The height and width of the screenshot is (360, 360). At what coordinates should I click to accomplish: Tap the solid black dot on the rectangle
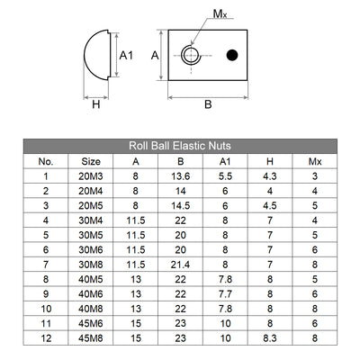tap(232, 56)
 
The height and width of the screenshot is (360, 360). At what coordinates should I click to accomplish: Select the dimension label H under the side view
tap(95, 104)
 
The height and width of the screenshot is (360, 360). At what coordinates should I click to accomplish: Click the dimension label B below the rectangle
tap(208, 104)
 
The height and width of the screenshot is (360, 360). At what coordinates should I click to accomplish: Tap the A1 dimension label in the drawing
tap(127, 55)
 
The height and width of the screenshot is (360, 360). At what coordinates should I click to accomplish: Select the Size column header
tap(92, 161)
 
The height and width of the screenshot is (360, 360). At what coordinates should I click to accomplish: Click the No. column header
tap(47, 161)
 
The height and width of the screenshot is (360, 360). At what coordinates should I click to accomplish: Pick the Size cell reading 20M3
tap(92, 176)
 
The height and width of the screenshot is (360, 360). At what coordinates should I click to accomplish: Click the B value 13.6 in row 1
tap(181, 176)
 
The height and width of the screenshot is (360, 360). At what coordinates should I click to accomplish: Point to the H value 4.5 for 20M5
tap(269, 205)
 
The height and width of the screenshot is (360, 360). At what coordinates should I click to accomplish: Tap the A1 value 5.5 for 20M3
tap(225, 176)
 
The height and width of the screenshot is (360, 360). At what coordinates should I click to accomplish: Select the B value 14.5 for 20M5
tap(181, 205)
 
